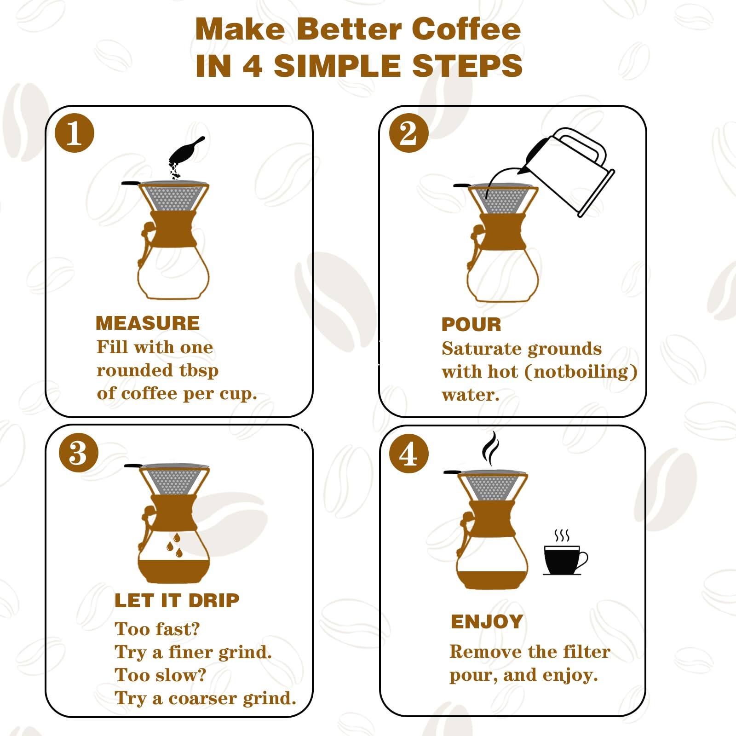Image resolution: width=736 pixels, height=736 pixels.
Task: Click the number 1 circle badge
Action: [x=75, y=134]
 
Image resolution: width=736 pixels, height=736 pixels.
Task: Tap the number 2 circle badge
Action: [x=408, y=134]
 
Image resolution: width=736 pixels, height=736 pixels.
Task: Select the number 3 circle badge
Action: [x=79, y=453]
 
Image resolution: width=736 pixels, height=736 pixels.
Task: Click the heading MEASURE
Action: [x=148, y=323]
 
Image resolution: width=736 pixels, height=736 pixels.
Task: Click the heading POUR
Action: [x=471, y=325]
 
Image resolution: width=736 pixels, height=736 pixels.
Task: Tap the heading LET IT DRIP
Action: [x=177, y=600]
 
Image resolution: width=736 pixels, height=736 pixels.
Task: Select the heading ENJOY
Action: [x=487, y=621]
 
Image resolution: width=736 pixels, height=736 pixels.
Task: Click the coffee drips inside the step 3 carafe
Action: [x=174, y=545]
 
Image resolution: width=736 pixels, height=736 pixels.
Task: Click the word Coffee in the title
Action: [x=466, y=29]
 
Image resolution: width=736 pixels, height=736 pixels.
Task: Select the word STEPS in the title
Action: [x=467, y=65]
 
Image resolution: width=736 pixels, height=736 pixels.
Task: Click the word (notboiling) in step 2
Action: [x=581, y=372]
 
